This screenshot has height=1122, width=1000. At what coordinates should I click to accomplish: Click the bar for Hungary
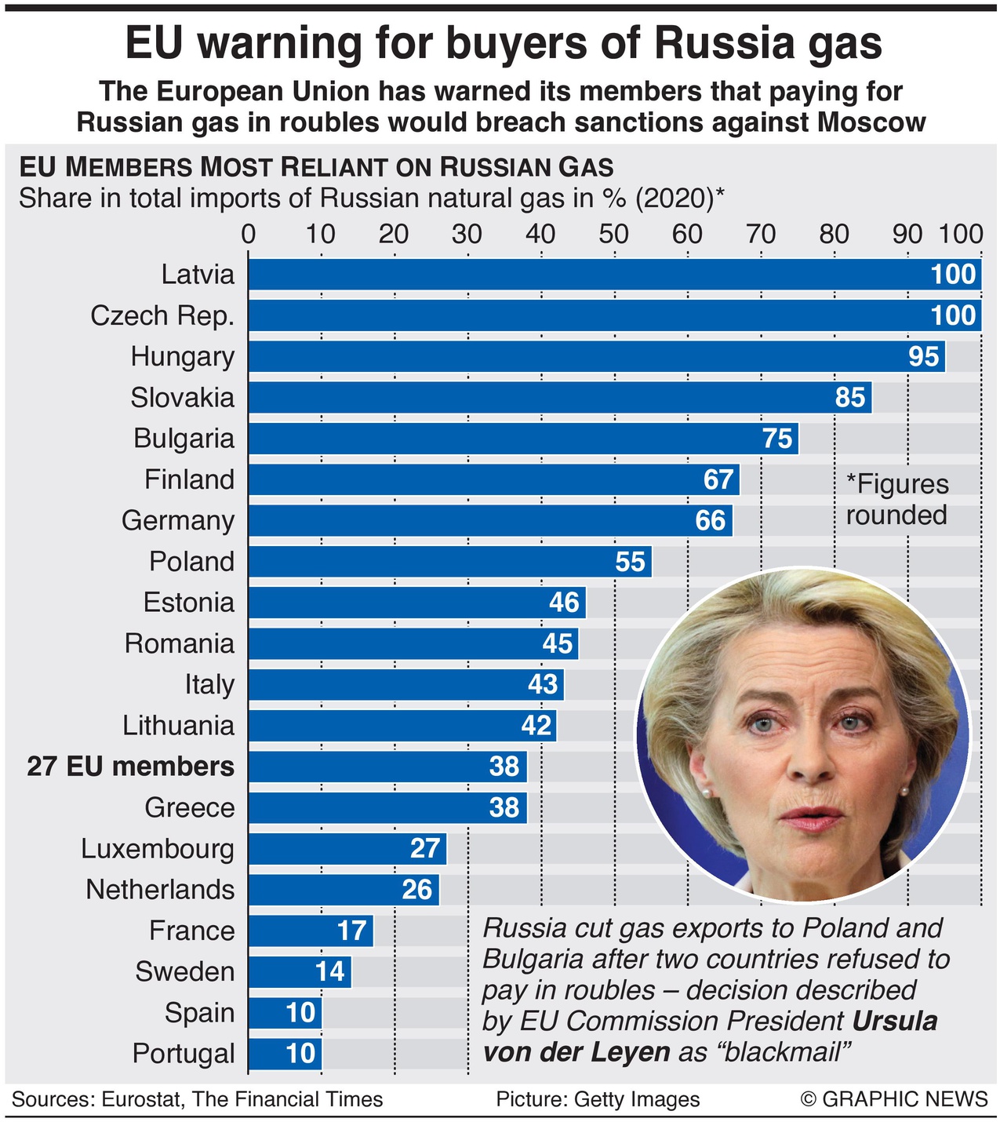pyautogui.click(x=596, y=357)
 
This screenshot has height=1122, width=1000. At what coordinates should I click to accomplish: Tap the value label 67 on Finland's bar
pyautogui.click(x=718, y=479)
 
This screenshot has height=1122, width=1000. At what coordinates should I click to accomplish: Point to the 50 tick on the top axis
pyautogui.click(x=613, y=234)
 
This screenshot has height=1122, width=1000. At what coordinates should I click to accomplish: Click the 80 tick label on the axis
pyautogui.click(x=834, y=234)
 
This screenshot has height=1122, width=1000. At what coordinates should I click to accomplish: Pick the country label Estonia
pyautogui.click(x=189, y=603)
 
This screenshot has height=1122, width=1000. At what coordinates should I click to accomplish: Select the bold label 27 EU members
pyautogui.click(x=131, y=767)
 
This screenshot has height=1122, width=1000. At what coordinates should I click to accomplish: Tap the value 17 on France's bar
pyautogui.click(x=352, y=931)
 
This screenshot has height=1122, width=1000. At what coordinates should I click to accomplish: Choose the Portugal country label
pyautogui.click(x=184, y=1054)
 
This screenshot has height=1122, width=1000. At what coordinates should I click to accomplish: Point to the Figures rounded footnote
pyautogui.click(x=896, y=500)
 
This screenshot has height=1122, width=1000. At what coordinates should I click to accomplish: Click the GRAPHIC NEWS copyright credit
pyautogui.click(x=894, y=1099)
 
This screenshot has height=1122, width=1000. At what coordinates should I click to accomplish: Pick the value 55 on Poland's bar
pyautogui.click(x=630, y=562)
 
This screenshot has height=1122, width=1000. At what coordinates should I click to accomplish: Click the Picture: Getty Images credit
pyautogui.click(x=598, y=1099)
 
